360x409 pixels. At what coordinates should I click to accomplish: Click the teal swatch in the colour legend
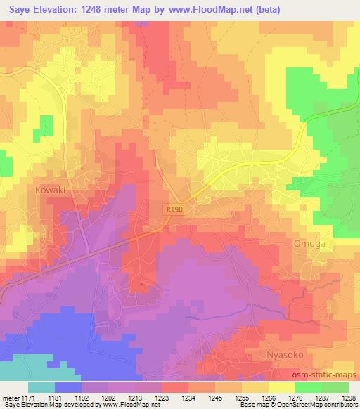[x=41, y=387]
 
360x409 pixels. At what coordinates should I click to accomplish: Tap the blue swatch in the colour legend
[x=68, y=387]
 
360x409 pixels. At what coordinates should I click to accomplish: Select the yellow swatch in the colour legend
[x=281, y=387]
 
